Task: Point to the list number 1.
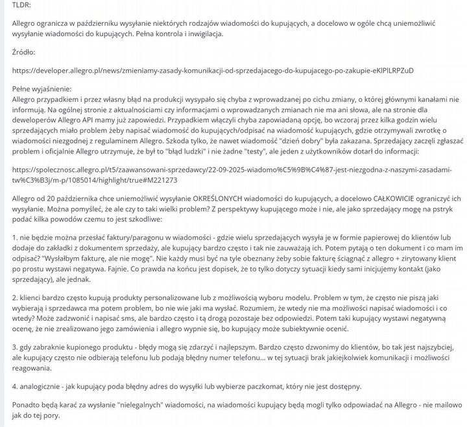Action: pos(16,238)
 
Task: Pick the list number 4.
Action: pos(16,386)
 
